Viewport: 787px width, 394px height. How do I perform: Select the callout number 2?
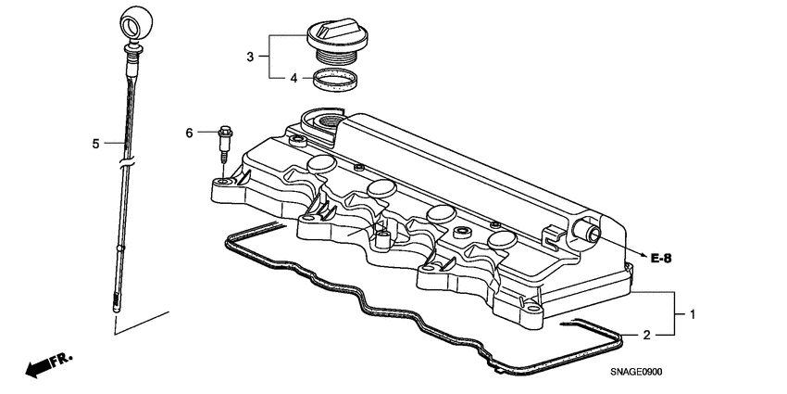point(647,334)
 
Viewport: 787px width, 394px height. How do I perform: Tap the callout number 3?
point(249,57)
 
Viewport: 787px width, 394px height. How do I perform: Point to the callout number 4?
point(294,79)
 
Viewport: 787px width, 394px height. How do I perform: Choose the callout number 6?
point(190,133)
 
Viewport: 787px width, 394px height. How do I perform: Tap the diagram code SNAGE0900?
point(637,372)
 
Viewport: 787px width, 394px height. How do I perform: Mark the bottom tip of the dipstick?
point(116,306)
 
